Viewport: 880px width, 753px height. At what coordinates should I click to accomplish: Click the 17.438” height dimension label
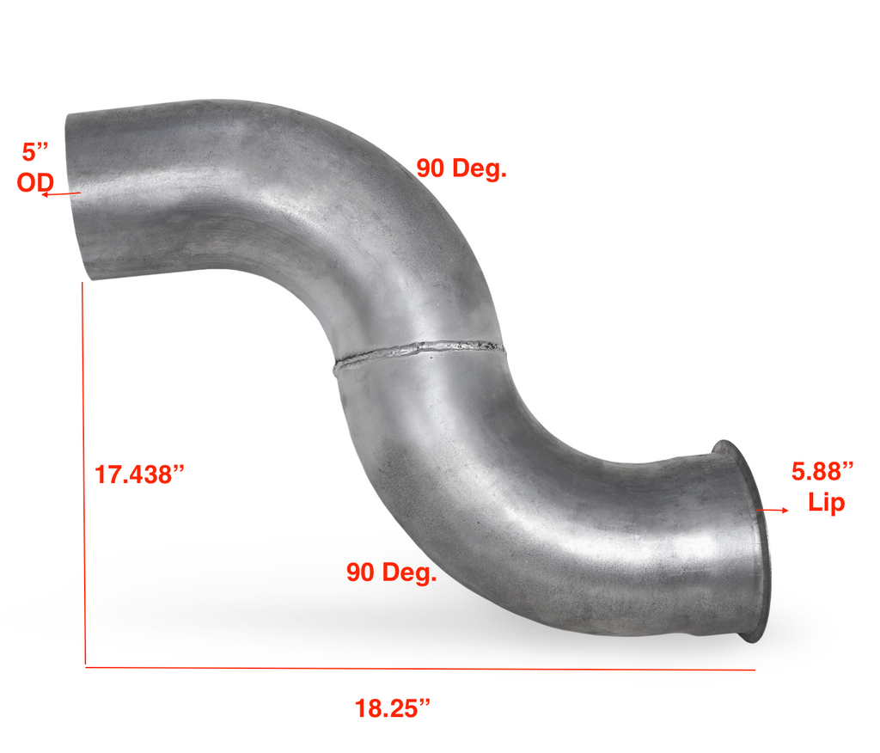coord(139,474)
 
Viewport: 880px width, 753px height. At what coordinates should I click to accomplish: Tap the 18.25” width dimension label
coord(392,708)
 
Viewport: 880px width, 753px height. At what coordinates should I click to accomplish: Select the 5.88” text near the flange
coord(822,471)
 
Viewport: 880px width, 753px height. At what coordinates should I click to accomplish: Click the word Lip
coord(826,502)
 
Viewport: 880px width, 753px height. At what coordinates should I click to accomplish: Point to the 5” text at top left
coord(34,152)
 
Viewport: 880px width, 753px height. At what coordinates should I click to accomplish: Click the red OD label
coord(34,182)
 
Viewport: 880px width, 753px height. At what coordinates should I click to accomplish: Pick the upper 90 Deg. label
coord(461,168)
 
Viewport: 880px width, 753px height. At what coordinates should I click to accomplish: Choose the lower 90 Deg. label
coord(391,572)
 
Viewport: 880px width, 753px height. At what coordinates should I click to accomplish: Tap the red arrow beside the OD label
coord(61,194)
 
